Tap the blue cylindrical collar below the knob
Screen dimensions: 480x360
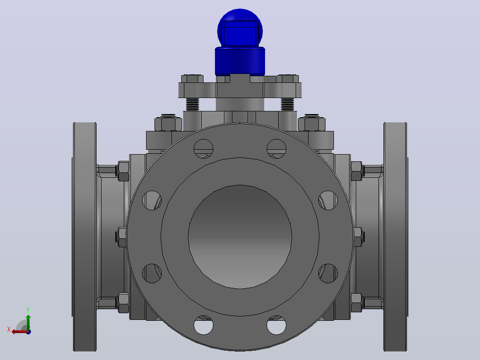click(x=240, y=61)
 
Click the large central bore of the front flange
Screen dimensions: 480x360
click(x=240, y=237)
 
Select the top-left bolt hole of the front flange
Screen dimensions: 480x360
click(x=203, y=149)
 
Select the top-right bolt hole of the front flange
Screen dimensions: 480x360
click(x=277, y=149)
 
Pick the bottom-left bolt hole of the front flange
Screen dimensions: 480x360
click(x=203, y=325)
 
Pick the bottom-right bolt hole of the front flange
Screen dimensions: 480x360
click(x=277, y=325)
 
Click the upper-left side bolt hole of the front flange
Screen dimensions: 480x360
click(x=152, y=200)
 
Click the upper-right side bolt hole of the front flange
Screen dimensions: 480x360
click(x=328, y=200)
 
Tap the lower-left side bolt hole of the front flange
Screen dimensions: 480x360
click(x=152, y=273)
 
